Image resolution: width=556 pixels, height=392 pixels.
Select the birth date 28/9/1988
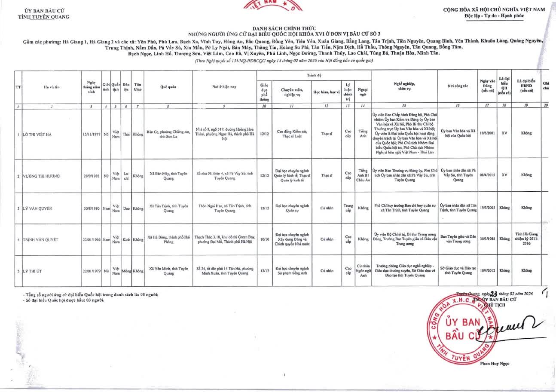coord(91,176)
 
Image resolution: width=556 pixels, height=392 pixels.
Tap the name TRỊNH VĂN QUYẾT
coord(41,239)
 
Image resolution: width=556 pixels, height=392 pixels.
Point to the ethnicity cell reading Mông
coord(126,271)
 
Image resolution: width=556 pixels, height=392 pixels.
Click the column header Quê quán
coord(168,86)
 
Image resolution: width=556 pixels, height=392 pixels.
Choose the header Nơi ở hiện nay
coord(223,86)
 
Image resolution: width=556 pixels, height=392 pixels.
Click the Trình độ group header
coord(313,75)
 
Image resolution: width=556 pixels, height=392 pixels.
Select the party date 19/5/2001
coord(487,133)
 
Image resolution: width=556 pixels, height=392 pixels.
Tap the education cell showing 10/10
coord(264,239)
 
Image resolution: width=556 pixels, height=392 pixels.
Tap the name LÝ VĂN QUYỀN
coord(38,208)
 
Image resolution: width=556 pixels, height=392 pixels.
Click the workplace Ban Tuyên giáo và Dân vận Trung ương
coord(458,239)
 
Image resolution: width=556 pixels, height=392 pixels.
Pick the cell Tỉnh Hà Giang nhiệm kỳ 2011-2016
coord(526,239)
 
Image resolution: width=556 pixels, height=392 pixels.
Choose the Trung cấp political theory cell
coord(348,208)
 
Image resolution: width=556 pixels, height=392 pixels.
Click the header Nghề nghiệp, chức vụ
coord(403,86)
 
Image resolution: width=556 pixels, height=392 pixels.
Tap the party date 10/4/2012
coord(487,271)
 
